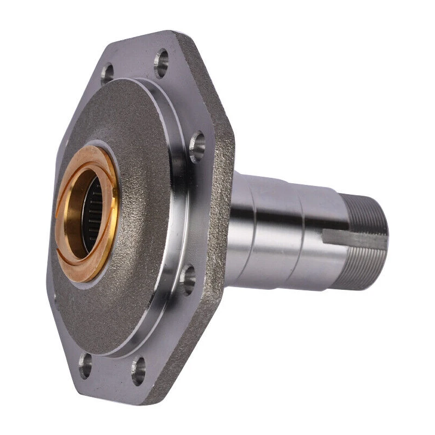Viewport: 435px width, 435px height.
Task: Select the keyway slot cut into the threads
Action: pyautogui.click(x=353, y=235)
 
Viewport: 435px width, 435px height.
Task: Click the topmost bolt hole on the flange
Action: pyautogui.click(x=161, y=63)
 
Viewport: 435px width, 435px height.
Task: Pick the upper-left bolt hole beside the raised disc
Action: pyautogui.click(x=107, y=73)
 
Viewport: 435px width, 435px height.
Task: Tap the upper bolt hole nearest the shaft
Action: pyautogui.click(x=197, y=146)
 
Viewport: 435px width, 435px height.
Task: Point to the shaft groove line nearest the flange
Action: pyautogui.click(x=253, y=228)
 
